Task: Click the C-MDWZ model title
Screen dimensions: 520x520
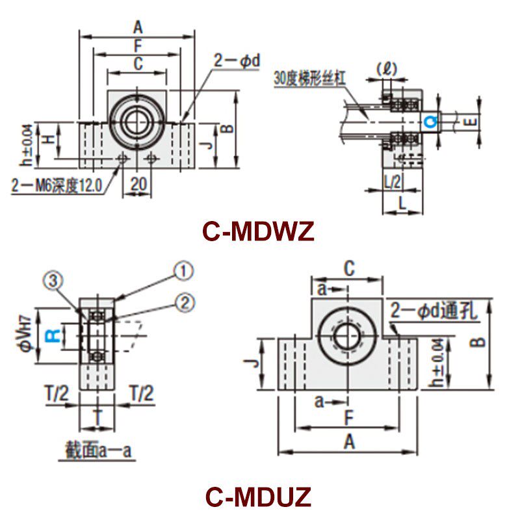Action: click(x=258, y=231)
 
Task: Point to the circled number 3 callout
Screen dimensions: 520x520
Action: click(x=55, y=280)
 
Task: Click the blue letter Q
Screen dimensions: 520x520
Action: click(x=428, y=122)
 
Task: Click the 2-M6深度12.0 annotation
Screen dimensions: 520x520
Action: click(x=57, y=186)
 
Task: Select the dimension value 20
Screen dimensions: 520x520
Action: click(x=138, y=185)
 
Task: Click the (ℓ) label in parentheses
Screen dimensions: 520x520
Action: click(x=386, y=68)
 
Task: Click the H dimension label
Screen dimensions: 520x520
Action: click(x=47, y=138)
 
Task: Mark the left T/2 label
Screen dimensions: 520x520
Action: click(x=58, y=393)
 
